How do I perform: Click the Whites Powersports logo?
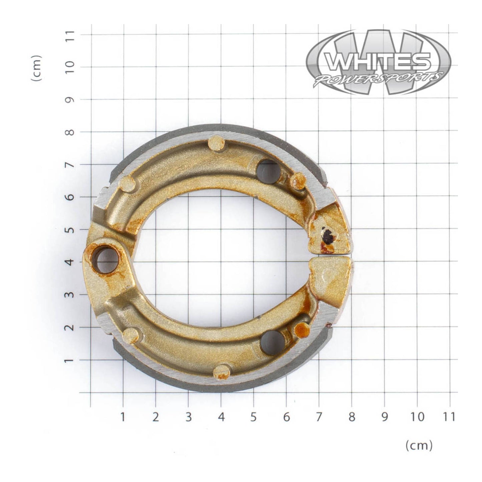coord(378,62)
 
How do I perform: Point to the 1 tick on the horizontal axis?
coord(123,416)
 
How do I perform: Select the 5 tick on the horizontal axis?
coord(254,416)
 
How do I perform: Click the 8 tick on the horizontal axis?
coord(352,416)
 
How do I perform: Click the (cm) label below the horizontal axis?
coord(419,445)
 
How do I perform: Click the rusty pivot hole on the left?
coord(105,260)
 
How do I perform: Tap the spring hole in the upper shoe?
coord(269,171)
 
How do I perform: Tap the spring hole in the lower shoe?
coord(273,343)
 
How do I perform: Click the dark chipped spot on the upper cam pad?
coord(327,236)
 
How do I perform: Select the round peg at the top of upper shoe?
coord(216,143)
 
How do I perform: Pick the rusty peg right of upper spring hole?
coord(298,181)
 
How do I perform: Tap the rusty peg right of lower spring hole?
coord(302,329)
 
